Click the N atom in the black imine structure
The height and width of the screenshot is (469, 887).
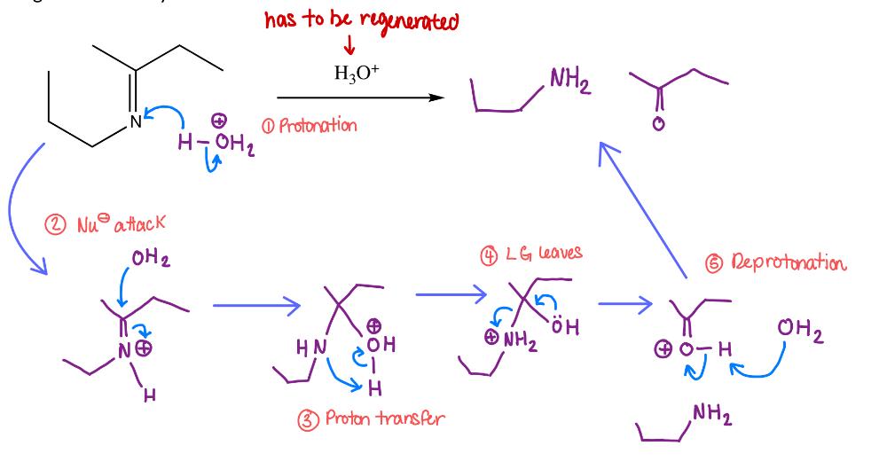pyautogui.click(x=135, y=123)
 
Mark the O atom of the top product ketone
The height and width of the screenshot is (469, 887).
pyautogui.click(x=658, y=124)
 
